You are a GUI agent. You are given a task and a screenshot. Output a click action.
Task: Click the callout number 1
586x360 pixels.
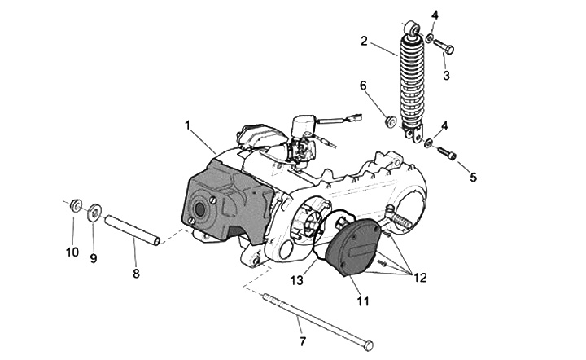[187, 125]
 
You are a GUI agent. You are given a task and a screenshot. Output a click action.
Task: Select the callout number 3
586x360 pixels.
[446, 76]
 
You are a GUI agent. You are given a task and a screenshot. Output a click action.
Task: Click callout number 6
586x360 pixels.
[363, 85]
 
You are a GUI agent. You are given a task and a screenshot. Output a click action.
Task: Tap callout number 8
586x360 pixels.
[136, 274]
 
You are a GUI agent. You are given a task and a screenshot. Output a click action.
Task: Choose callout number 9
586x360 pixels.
[93, 258]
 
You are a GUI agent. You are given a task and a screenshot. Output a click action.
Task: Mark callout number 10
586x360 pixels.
[72, 252]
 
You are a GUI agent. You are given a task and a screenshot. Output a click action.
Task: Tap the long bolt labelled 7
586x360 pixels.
[317, 318]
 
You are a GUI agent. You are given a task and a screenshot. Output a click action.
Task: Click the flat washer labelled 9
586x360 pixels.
[94, 213]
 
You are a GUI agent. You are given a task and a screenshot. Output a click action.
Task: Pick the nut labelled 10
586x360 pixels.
[76, 204]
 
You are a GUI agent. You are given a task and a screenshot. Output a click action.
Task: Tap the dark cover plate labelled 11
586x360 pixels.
[352, 246]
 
